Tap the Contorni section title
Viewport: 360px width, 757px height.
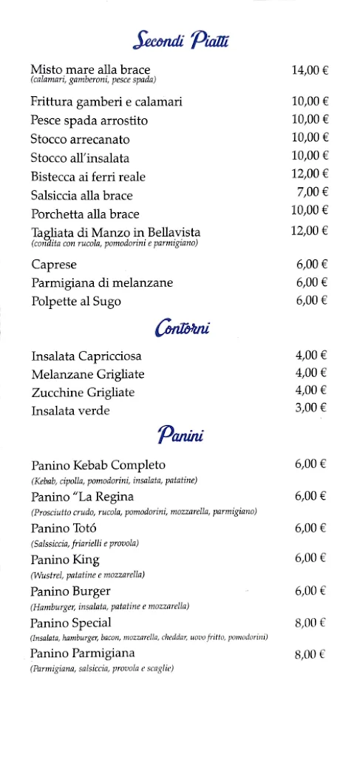pos(182,327)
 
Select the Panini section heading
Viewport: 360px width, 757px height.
pos(180,435)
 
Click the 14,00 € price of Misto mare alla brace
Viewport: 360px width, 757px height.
pos(310,70)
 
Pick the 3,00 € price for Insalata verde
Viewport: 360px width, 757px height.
pos(311,407)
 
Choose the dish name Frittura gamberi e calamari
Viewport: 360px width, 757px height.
pos(106,101)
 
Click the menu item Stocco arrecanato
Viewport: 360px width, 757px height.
pos(80,138)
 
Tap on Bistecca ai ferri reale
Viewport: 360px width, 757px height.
pos(88,176)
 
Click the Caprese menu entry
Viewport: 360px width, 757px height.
pos(54,264)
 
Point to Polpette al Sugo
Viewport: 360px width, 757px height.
pos(76,301)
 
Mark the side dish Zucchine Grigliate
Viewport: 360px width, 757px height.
pos(83,392)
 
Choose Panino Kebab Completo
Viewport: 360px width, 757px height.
pos(98,465)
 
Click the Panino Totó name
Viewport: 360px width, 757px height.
pos(64,528)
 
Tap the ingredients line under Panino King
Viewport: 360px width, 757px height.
pos(87,574)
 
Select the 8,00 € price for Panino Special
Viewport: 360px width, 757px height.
pos(310,623)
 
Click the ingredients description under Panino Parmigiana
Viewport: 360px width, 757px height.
pos(102,668)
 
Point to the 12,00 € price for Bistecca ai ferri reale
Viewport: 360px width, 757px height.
pos(310,174)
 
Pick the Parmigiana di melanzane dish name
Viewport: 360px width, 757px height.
pos(102,282)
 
